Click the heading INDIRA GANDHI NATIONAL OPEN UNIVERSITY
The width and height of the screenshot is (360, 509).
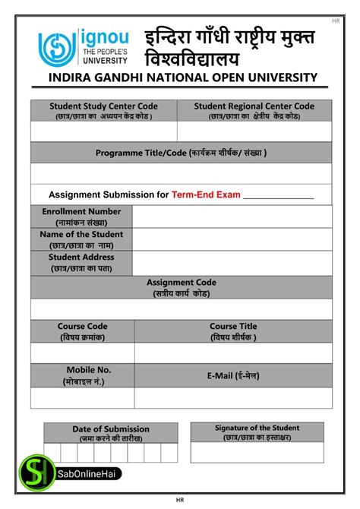pos(182,77)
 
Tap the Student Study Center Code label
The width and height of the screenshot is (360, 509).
pos(103,111)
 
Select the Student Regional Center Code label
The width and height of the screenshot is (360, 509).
pos(254,111)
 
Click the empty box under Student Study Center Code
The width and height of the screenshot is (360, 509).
pos(103,131)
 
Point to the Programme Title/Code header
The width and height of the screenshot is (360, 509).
pos(181,153)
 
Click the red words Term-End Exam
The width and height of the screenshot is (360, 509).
pos(206,194)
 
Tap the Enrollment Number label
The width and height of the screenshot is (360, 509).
pos(81,217)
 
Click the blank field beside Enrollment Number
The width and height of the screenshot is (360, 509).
pos(232,217)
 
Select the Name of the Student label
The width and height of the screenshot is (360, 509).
pos(81,239)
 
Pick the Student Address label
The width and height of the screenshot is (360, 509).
pos(81,262)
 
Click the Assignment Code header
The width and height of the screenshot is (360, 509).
pos(181,287)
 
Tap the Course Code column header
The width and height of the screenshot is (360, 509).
pos(82,331)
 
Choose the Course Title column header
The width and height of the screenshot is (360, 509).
pos(233,331)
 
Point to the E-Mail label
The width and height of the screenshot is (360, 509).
pos(233,375)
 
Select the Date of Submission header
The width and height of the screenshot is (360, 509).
pos(111,433)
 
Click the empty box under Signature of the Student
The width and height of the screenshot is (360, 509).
pos(257,452)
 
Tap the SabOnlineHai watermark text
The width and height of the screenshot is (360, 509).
pos(83,474)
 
